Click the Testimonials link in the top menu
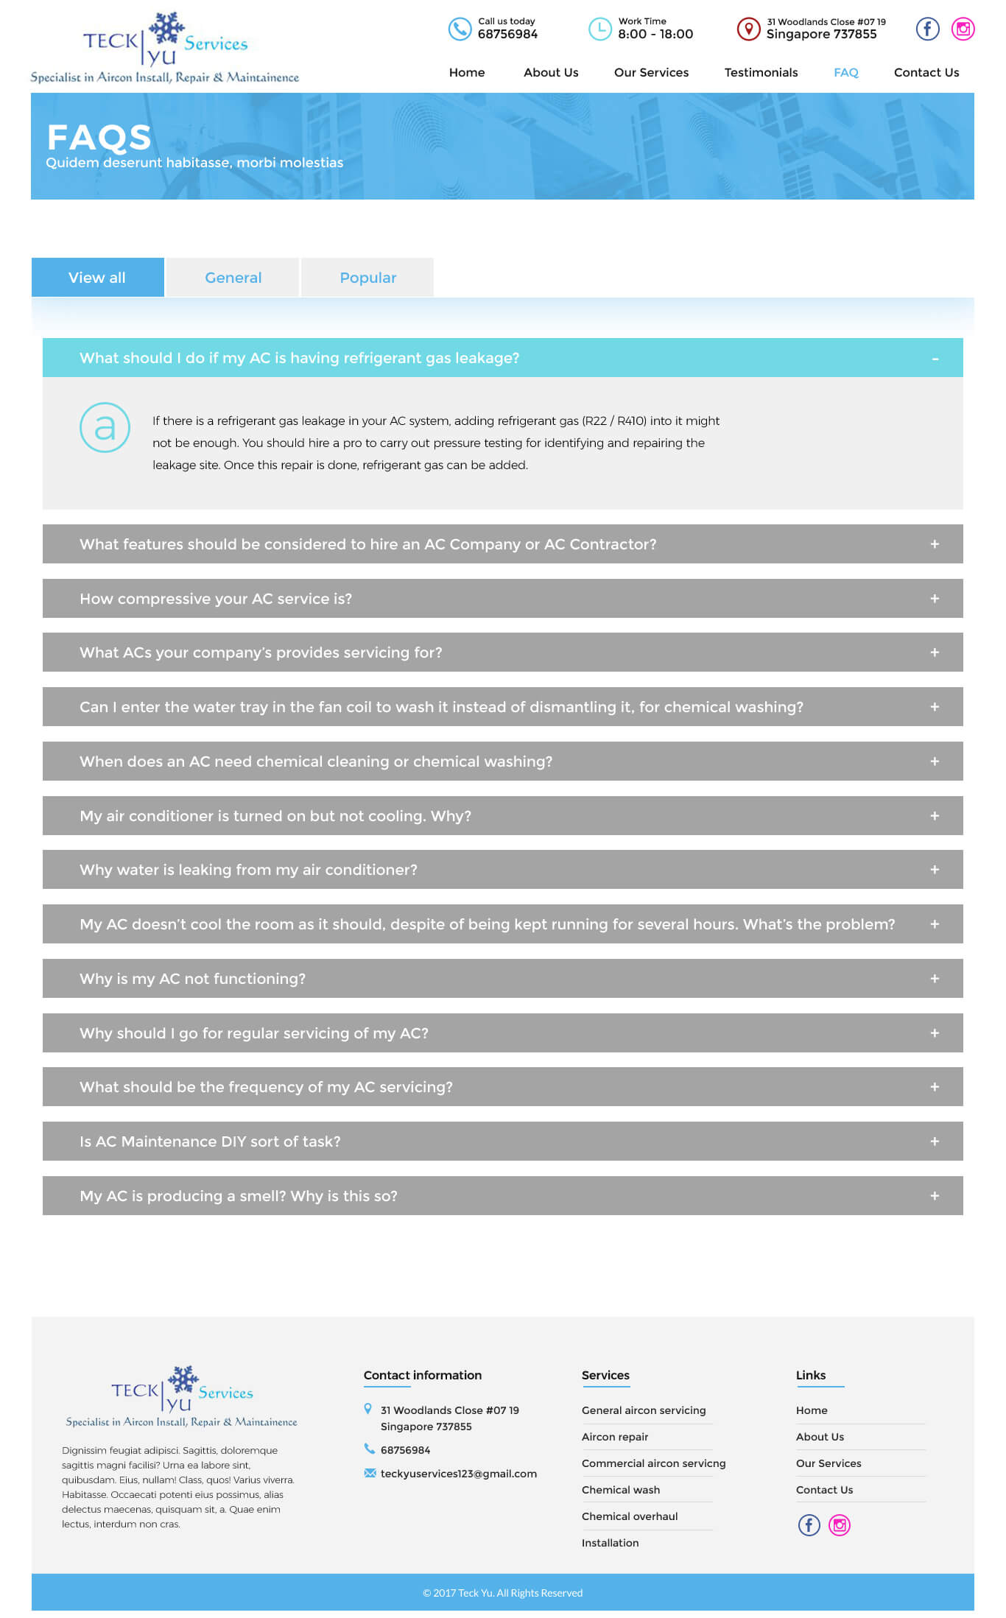[x=761, y=72]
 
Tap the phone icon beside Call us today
[x=460, y=29]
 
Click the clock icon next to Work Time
[x=599, y=29]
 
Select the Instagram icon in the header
[x=963, y=29]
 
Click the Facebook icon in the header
[x=927, y=29]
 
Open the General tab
[x=233, y=278]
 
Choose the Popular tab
[x=367, y=278]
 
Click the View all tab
[x=97, y=278]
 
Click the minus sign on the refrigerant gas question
[x=935, y=359]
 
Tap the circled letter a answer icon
[x=105, y=427]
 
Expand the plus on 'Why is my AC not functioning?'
[x=935, y=979]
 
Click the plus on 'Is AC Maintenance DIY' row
[x=935, y=1142]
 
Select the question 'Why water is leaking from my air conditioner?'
[x=248, y=870]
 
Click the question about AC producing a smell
[x=238, y=1196]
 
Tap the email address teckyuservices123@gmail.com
[x=458, y=1474]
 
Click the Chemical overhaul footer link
[x=630, y=1516]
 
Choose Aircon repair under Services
[x=615, y=1437]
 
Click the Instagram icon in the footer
[x=840, y=1524]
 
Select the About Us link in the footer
[x=820, y=1437]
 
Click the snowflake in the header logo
[x=166, y=29]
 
